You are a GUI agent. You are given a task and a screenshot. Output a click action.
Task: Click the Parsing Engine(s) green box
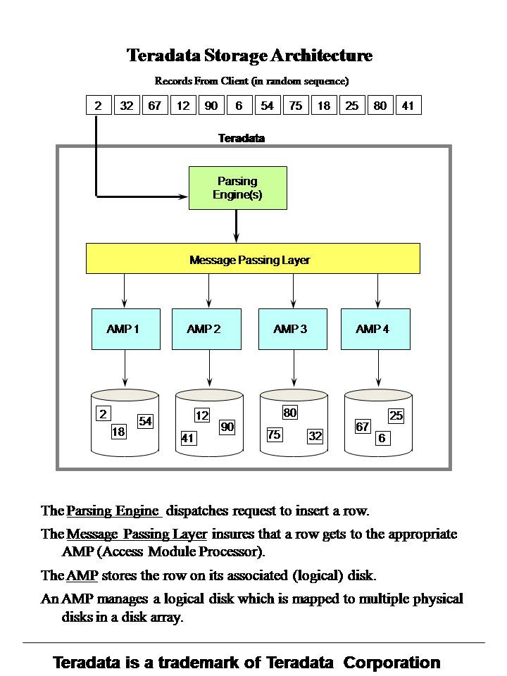coord(238,188)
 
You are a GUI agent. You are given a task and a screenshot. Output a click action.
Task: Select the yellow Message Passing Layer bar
coord(253,258)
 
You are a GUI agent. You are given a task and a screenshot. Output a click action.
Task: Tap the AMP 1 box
coord(125,328)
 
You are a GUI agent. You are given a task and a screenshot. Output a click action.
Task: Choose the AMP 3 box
coord(292,328)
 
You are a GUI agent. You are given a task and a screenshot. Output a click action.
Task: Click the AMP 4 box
coord(375,328)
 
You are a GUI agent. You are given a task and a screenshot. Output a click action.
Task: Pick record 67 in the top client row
coord(154,106)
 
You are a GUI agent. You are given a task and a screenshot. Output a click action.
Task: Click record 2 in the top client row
coord(98,106)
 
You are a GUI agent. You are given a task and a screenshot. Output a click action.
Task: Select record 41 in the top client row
coord(408,106)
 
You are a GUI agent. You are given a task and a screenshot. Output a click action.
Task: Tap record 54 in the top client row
coord(267,106)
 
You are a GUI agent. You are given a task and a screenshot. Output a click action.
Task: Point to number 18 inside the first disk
coord(118,432)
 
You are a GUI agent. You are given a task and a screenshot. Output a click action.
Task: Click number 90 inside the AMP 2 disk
coord(227,427)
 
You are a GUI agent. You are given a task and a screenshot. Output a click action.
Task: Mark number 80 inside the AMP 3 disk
coord(289,413)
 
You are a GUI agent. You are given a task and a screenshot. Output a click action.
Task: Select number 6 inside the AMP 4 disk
coord(382,438)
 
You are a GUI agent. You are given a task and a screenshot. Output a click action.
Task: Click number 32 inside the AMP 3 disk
coord(315,436)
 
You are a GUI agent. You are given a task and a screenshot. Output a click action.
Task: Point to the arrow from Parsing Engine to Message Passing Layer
coord(237,225)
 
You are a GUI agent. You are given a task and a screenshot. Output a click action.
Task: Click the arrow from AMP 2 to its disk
coord(209,368)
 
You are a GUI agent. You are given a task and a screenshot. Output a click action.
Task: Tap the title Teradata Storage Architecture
coord(249,55)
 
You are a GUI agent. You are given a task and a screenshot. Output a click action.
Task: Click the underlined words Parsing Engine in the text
coord(113,511)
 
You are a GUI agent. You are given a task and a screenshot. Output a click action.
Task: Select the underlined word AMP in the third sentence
coord(82,575)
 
